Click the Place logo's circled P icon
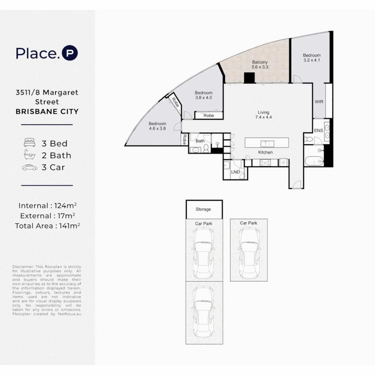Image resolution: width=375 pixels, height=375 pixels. (x=69, y=53)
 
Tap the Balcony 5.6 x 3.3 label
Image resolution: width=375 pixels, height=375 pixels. (x=260, y=65)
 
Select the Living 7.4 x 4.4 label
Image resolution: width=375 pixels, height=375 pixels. (x=263, y=115)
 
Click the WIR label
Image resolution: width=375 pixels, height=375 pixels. (x=319, y=102)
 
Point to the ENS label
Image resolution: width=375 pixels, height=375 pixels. (x=318, y=131)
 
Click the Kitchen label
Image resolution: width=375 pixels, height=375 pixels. (x=265, y=152)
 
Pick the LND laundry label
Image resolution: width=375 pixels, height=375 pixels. (x=235, y=172)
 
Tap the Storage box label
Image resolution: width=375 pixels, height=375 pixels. (x=203, y=209)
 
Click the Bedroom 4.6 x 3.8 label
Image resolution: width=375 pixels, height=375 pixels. (x=157, y=126)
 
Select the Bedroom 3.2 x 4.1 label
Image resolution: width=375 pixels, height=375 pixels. (x=311, y=58)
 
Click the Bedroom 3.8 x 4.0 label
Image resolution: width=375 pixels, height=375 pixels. (x=203, y=95)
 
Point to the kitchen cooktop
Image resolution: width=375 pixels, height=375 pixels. (x=265, y=162)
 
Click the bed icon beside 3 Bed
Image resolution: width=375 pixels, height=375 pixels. (x=30, y=143)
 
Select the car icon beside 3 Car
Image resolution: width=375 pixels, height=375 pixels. (x=30, y=167)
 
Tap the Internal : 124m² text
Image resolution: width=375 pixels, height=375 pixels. (x=48, y=206)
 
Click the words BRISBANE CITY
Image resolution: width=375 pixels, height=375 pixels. (x=47, y=111)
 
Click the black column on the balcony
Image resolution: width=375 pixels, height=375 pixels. (x=249, y=78)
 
